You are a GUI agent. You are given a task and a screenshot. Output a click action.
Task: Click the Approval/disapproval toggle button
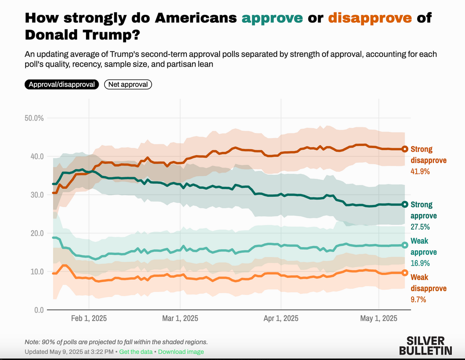(62, 84)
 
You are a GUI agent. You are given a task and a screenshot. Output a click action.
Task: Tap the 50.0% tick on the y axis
(34, 118)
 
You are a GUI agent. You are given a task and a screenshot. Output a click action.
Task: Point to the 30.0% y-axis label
(34, 195)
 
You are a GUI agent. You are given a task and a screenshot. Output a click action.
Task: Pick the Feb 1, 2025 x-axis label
(89, 319)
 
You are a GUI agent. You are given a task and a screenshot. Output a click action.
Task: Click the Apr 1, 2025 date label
(281, 319)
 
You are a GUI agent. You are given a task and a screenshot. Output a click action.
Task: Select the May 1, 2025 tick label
(379, 319)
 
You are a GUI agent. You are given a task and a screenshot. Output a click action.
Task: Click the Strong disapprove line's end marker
(405, 149)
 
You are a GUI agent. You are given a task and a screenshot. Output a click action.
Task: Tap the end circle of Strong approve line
(405, 204)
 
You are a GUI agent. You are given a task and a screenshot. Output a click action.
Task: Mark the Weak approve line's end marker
(405, 245)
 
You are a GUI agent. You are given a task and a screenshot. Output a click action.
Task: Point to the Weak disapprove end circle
(405, 273)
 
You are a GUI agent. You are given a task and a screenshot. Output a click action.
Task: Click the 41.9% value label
(420, 171)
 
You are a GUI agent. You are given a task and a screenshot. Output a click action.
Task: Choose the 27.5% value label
(420, 227)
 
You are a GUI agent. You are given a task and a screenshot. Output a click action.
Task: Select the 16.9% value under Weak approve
(420, 263)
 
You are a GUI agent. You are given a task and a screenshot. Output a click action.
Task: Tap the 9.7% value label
(418, 300)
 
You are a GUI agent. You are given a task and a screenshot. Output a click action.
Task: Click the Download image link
(181, 352)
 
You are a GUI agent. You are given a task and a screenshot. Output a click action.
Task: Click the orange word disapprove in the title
(370, 19)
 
